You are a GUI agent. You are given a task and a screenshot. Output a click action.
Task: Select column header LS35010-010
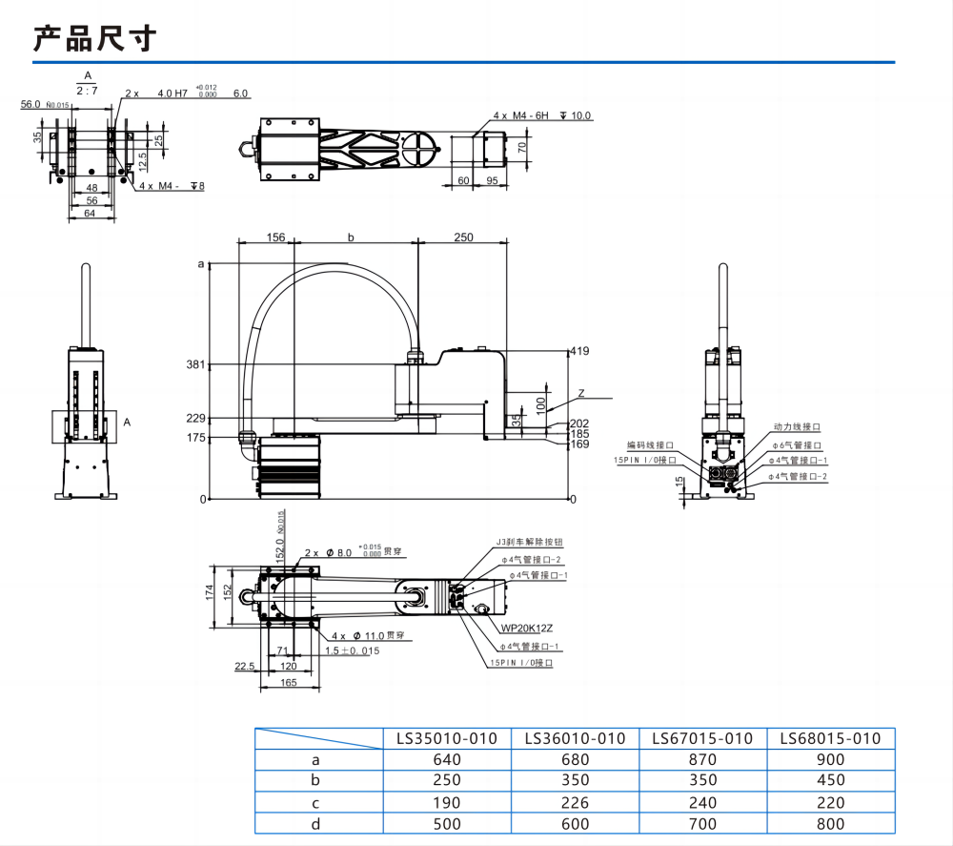447,738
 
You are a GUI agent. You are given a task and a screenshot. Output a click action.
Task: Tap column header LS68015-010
830,738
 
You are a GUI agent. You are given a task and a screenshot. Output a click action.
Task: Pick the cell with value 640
447,760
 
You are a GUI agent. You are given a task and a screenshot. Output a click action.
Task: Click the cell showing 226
575,803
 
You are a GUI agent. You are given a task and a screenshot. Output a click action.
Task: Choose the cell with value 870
702,760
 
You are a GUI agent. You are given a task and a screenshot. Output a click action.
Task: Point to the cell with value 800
830,824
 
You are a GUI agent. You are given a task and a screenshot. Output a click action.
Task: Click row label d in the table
317,824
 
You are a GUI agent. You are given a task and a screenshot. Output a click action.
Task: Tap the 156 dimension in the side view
275,237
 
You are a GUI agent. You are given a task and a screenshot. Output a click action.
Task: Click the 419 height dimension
578,352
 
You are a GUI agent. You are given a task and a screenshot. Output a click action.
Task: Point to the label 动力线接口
797,427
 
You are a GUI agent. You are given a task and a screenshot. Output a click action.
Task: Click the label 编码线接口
650,445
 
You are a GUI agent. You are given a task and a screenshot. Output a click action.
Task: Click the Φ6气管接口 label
795,445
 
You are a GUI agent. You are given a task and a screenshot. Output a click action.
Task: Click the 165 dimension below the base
288,683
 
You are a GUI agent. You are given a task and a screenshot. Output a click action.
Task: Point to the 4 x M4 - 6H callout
522,115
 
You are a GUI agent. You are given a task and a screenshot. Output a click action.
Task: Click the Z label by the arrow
581,393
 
